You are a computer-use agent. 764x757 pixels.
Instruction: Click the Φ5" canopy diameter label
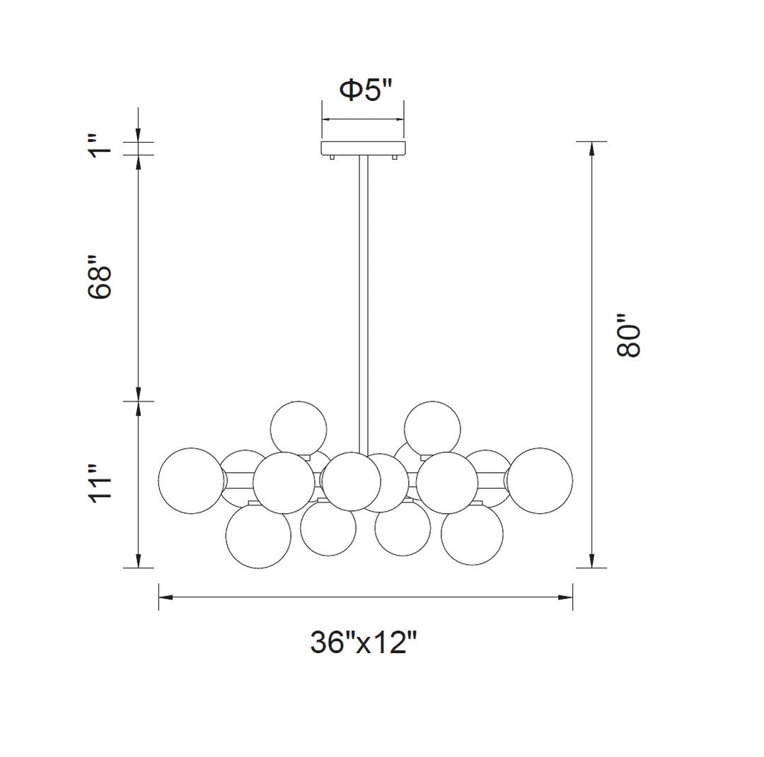(365, 90)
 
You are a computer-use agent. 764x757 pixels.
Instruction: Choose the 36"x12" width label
(364, 642)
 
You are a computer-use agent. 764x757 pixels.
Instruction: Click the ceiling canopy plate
(364, 148)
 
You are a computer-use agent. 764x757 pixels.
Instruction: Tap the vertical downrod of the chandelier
(364, 297)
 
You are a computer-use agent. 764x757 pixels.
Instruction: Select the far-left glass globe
(190, 480)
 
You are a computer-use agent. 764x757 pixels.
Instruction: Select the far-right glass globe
(540, 480)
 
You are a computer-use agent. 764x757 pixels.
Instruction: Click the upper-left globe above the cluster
(299, 428)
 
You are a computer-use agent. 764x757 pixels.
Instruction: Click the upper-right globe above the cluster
(432, 428)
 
